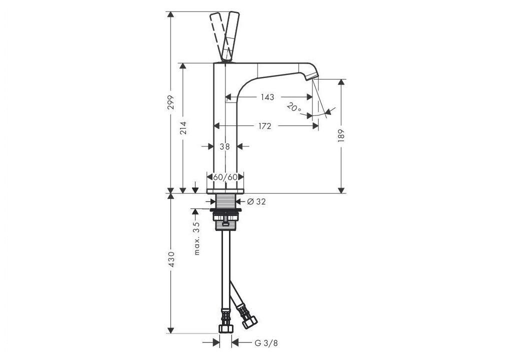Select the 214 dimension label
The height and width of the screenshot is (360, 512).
(183, 128)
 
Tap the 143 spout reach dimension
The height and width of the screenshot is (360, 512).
(267, 97)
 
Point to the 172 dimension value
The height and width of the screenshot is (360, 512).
(264, 126)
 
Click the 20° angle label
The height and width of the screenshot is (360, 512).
(294, 107)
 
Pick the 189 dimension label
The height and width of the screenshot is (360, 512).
(341, 135)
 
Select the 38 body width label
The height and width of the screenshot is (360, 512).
(224, 146)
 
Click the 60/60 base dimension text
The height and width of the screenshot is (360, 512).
(225, 177)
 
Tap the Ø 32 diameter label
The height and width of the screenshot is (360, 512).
(256, 201)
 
